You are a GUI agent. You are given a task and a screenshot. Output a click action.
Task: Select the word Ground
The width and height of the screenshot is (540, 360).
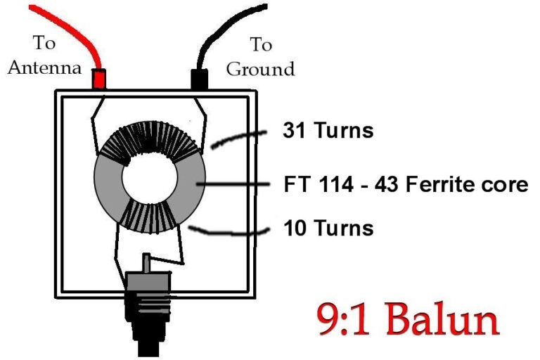pyautogui.click(x=261, y=69)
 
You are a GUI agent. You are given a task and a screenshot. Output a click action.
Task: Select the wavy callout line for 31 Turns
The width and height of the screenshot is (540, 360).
pyautogui.click(x=239, y=138)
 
